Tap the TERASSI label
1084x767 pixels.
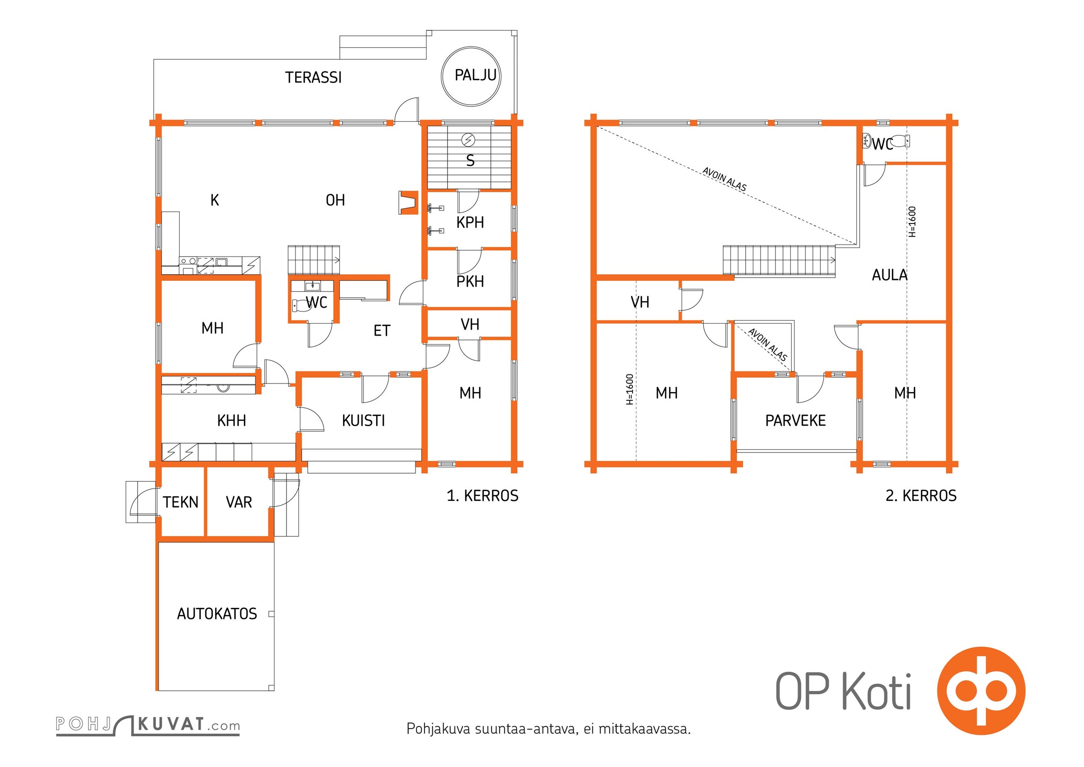pyautogui.click(x=313, y=77)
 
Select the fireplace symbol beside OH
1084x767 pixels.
pyautogui.click(x=408, y=202)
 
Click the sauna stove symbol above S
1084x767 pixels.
pyautogui.click(x=468, y=140)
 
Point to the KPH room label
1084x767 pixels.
pyautogui.click(x=470, y=222)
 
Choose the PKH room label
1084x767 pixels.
pyautogui.click(x=470, y=281)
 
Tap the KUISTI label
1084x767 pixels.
pyautogui.click(x=363, y=420)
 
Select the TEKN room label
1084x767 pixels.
pyautogui.click(x=181, y=502)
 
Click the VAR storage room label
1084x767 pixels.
pyautogui.click(x=239, y=502)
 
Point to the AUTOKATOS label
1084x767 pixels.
pyautogui.click(x=217, y=614)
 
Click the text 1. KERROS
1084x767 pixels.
pyautogui.click(x=483, y=495)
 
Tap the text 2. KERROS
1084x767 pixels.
pyautogui.click(x=921, y=495)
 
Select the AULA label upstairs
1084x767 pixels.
pyautogui.click(x=889, y=275)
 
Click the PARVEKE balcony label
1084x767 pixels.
pyautogui.click(x=796, y=420)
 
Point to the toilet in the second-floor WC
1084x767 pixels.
pyautogui.click(x=900, y=141)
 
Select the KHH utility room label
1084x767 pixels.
pyautogui.click(x=231, y=420)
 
